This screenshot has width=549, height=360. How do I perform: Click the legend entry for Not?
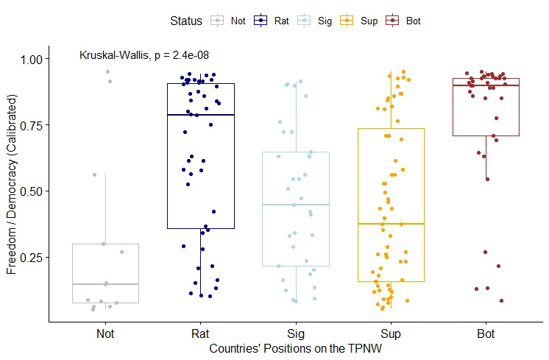228,21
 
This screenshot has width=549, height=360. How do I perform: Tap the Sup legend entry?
361,21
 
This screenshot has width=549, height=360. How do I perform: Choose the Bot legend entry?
405,21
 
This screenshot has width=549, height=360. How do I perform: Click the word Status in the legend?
184,21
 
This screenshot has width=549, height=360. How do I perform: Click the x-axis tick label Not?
105,333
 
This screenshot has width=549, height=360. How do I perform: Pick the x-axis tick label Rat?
200,333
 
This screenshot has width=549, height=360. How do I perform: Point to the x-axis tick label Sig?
296,333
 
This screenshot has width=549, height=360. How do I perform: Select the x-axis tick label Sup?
392,333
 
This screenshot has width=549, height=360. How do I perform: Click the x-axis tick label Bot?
486,333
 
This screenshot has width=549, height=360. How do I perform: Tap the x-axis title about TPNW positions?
295,347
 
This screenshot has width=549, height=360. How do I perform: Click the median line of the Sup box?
392,223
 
